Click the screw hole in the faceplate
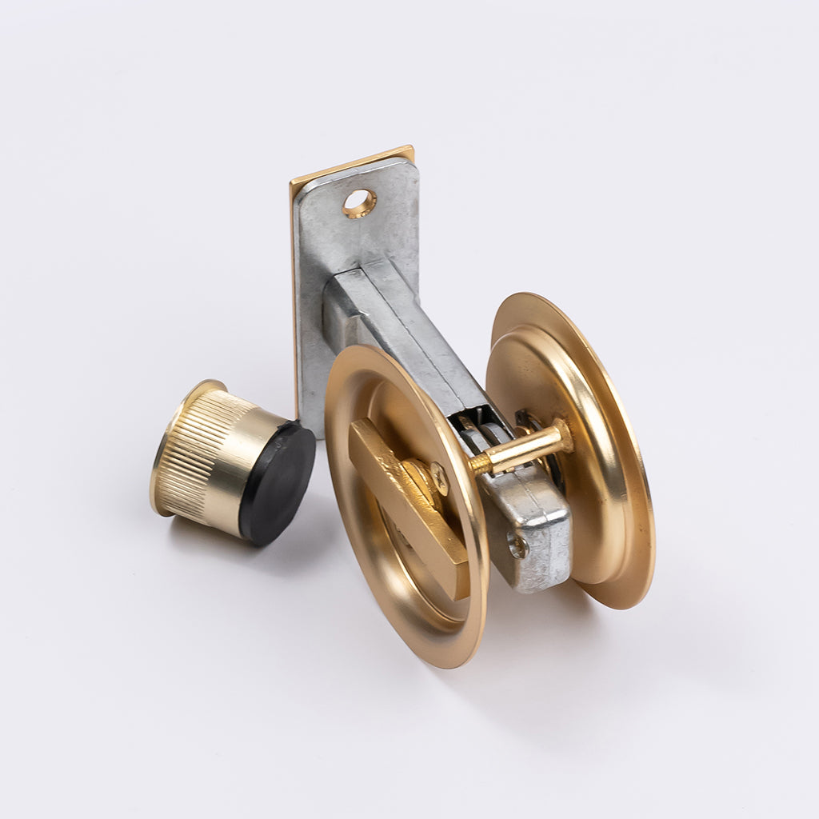[359, 203]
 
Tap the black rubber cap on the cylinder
[277, 484]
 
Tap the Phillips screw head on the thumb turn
[438, 477]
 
